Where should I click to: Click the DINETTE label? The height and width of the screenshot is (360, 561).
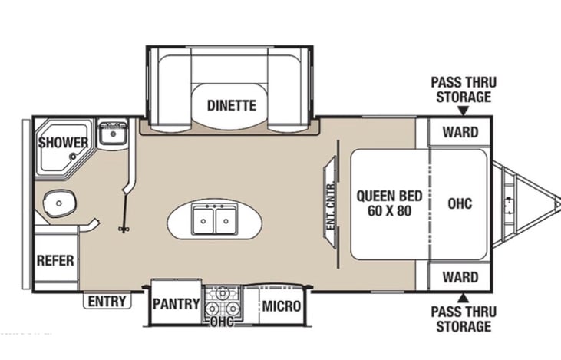click(232, 106)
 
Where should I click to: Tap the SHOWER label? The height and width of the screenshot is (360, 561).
click(64, 143)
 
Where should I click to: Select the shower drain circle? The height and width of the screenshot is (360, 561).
click(73, 157)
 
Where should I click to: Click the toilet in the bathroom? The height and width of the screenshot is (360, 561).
click(59, 203)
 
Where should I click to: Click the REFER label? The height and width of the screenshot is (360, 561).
click(55, 260)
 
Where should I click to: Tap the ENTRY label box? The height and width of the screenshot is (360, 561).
click(107, 301)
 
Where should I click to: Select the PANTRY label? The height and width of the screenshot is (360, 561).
click(176, 304)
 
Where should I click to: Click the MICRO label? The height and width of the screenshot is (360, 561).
click(281, 306)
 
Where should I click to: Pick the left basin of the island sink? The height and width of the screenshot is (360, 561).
click(203, 220)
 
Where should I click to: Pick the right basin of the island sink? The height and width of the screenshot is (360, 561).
click(226, 220)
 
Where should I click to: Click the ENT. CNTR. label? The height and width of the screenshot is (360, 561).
click(331, 206)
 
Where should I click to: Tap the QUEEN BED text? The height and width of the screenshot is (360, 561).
click(389, 196)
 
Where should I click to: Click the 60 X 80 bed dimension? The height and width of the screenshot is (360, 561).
click(389, 211)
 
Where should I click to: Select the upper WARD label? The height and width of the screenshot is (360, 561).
click(460, 132)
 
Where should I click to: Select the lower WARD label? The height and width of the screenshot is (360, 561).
click(460, 277)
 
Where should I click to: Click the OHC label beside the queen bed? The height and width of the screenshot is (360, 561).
click(460, 203)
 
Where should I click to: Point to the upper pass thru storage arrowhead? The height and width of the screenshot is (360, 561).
click(464, 111)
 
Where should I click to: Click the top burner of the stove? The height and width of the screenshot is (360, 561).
click(223, 292)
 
